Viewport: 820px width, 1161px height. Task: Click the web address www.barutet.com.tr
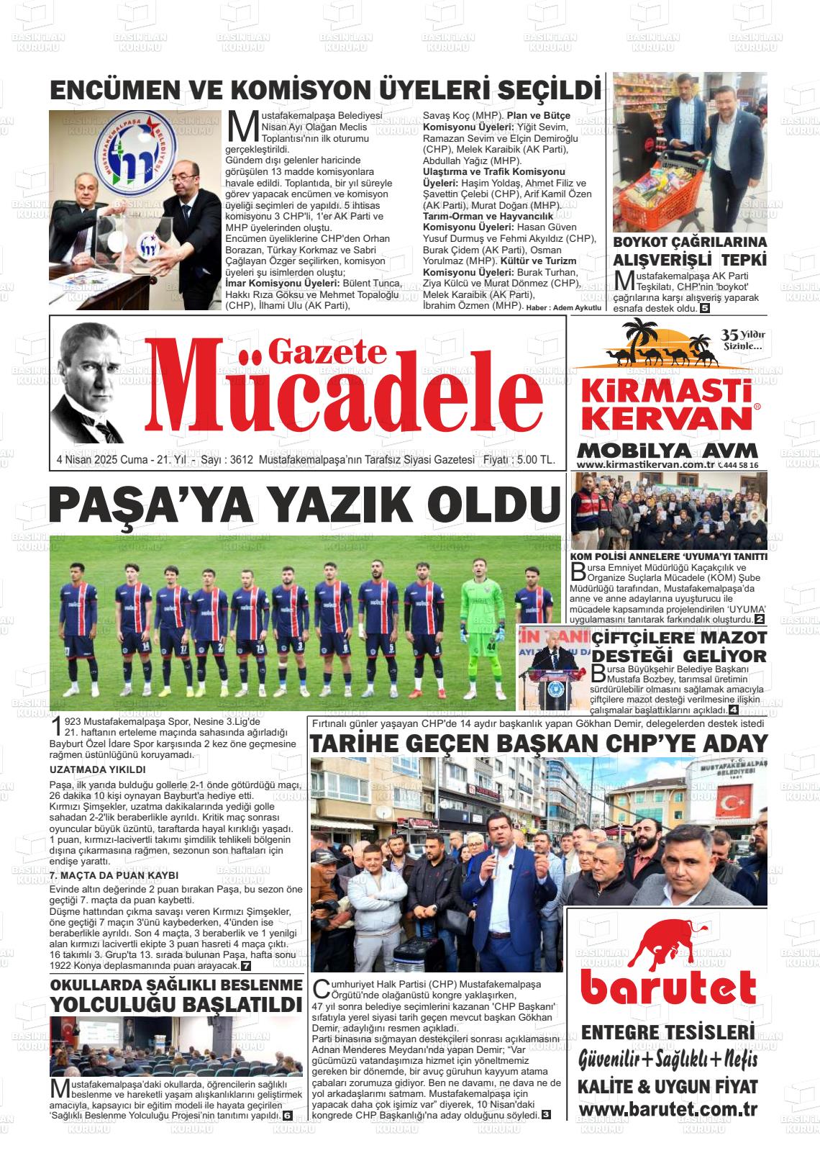tap(668, 1109)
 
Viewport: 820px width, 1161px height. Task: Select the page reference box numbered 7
tap(246, 965)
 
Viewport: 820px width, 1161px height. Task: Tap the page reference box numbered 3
tap(546, 1115)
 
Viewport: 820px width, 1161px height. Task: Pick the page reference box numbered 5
tap(706, 309)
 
